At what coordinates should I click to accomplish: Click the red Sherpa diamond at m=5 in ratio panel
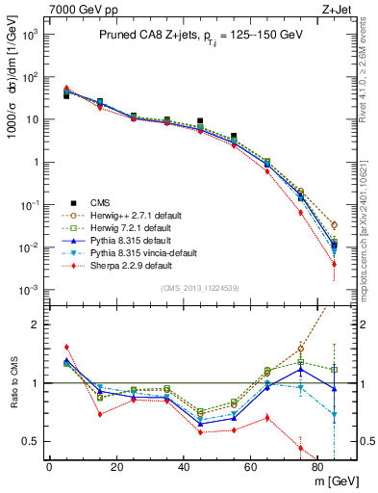coord(65,347)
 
